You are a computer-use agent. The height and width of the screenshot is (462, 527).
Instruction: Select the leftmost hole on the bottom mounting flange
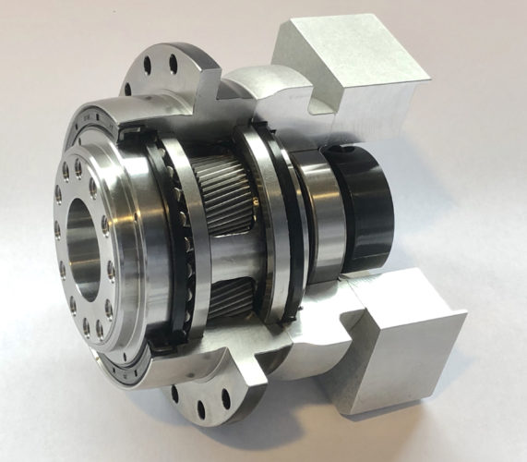pos(174,392)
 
